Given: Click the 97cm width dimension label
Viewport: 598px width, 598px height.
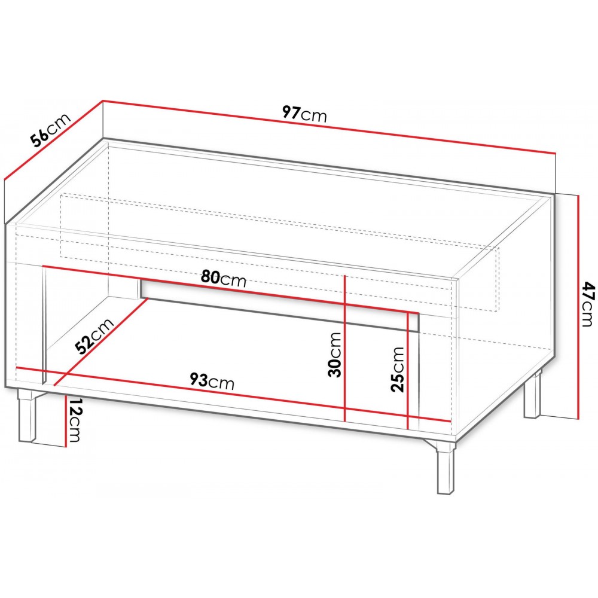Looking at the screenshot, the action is pos(304,114).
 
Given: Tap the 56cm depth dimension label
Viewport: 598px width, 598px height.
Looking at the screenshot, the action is pos(50,130).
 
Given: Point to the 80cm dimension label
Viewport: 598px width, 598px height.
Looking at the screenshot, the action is pos(223,279).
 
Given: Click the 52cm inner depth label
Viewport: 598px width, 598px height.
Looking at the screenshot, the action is pos(94,336).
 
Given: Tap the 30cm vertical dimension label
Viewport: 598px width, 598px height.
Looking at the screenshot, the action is pos(334,354).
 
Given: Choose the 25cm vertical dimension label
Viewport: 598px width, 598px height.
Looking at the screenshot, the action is pos(398,369).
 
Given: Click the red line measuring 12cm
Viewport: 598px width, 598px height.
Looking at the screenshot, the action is pos(66,421).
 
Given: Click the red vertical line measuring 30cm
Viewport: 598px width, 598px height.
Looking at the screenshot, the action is pos(345,347).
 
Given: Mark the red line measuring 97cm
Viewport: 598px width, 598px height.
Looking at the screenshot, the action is pos(329,127).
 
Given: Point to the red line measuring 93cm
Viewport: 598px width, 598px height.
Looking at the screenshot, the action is pos(233,395).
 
